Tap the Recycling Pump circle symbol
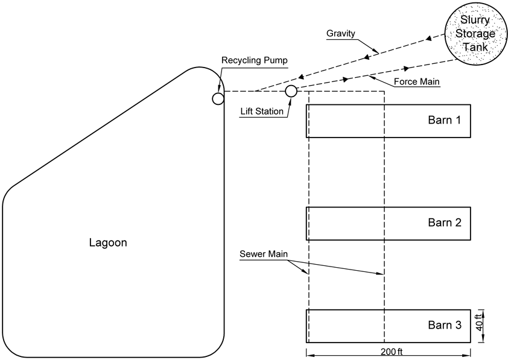(218, 98)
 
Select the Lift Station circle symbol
(291, 91)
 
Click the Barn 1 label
(445, 120)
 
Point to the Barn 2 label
(445, 223)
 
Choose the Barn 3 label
(445, 325)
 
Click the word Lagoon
(108, 243)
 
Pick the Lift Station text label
(262, 111)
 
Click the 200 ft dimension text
(392, 352)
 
